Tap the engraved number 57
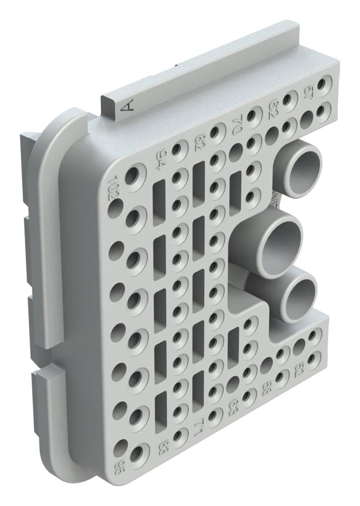310,94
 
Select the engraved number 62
273,109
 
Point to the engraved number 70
238,124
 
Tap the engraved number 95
119,463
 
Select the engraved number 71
198,429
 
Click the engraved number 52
300,368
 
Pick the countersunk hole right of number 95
139,453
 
